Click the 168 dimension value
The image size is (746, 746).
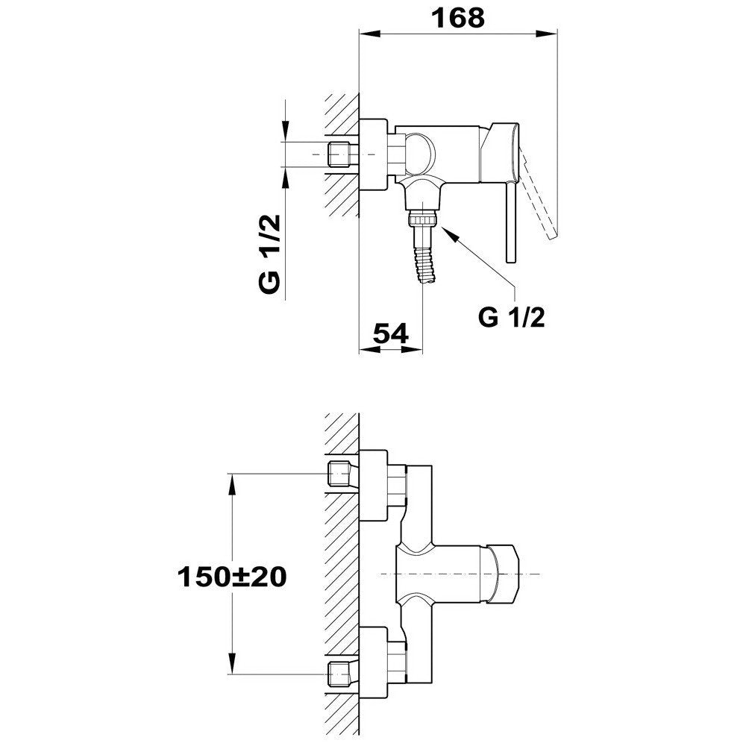(457, 18)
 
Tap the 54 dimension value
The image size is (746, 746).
(390, 333)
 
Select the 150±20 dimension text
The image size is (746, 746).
(232, 577)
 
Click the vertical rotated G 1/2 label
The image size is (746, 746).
(270, 254)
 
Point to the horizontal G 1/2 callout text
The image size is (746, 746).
(512, 317)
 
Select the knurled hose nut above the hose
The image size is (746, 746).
(422, 220)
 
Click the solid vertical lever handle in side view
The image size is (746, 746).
(510, 222)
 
